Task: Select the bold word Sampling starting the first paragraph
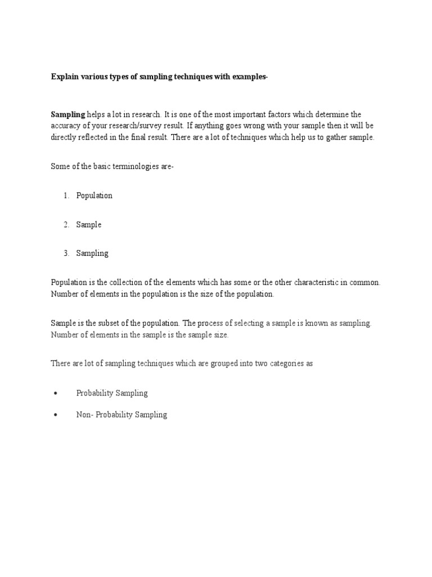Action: (x=67, y=114)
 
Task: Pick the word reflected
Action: (x=97, y=137)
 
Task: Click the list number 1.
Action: (x=66, y=196)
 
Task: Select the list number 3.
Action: (x=66, y=254)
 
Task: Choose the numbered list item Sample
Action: (x=89, y=225)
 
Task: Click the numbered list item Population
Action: (x=94, y=196)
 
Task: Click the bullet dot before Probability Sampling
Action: (x=56, y=393)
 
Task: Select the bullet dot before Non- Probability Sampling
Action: (x=56, y=415)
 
